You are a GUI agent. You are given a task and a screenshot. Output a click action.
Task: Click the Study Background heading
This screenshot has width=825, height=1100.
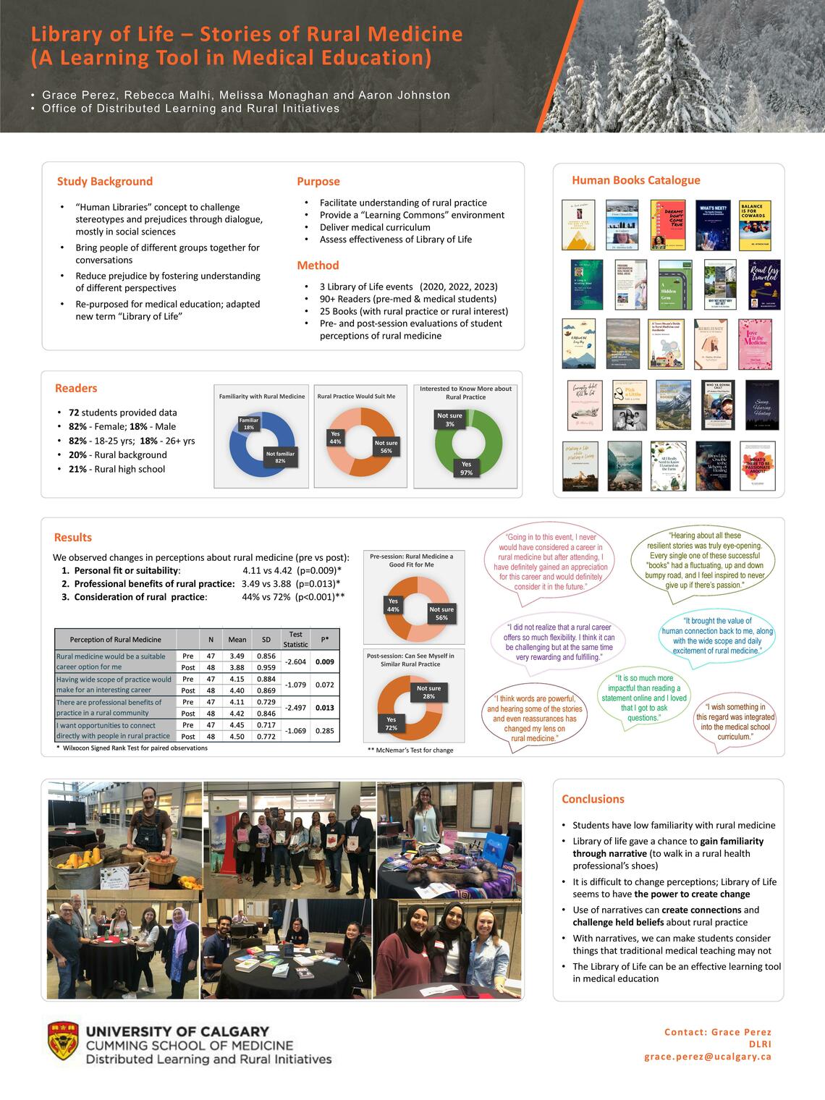[x=105, y=182]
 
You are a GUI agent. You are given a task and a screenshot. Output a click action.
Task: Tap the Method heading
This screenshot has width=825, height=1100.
[x=318, y=266]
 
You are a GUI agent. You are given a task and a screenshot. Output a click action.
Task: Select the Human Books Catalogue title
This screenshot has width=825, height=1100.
[x=635, y=180]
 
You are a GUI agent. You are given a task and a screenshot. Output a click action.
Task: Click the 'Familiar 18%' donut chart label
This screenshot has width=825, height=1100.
[x=248, y=424]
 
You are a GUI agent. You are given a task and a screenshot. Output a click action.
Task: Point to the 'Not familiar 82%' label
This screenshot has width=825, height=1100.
[x=280, y=458]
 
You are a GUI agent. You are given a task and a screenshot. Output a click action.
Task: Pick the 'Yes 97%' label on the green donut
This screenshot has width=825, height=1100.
[x=466, y=468]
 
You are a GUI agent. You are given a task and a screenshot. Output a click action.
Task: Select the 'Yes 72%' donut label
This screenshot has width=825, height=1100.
[x=391, y=724]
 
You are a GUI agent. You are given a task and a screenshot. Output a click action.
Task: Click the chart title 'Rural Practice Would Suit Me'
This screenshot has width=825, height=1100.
[x=356, y=397]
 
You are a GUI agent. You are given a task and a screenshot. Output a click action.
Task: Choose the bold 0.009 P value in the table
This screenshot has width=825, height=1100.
[x=325, y=661]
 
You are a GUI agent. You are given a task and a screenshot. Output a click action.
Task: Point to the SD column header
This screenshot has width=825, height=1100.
[x=266, y=640]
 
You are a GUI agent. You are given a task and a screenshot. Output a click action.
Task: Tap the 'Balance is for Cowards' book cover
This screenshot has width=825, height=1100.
[x=756, y=225]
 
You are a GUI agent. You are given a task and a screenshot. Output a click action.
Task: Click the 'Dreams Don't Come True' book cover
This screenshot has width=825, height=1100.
[x=668, y=225]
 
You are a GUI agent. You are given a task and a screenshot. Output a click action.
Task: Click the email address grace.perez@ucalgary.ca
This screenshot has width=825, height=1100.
[x=708, y=1057]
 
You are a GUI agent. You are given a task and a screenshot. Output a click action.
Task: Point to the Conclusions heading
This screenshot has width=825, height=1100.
[x=593, y=799]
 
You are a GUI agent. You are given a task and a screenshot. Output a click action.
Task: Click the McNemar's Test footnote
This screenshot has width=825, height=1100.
[x=410, y=750]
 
